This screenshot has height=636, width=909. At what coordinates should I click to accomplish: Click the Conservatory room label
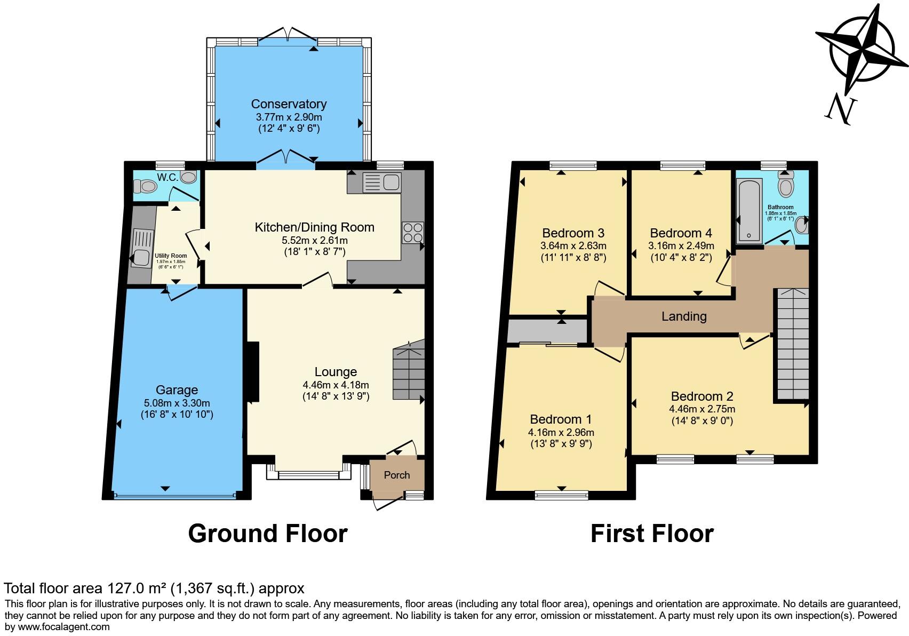[289, 104]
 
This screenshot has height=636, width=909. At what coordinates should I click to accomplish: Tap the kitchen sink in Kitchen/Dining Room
[381, 182]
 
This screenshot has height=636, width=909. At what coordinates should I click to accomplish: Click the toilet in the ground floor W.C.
[145, 186]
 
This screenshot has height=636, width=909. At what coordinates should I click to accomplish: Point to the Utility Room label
[171, 256]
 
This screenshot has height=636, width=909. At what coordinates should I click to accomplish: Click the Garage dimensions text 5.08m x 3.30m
[177, 403]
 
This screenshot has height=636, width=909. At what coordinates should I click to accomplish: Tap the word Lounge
[336, 372]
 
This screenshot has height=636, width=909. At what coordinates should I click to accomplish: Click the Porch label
[397, 475]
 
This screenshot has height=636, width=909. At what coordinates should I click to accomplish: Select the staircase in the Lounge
[409, 373]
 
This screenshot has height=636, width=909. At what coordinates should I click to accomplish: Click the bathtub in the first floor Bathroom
[749, 211]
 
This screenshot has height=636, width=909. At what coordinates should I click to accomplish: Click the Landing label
[684, 316]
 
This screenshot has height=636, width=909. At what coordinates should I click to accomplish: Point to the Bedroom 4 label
[681, 233]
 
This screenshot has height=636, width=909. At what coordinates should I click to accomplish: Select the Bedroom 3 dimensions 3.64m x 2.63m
[573, 246]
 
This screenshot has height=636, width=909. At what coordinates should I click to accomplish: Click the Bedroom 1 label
[561, 419]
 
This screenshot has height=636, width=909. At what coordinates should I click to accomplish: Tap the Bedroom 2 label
[702, 396]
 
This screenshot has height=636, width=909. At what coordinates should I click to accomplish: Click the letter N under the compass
[841, 110]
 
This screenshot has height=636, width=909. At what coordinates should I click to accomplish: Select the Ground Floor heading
[268, 534]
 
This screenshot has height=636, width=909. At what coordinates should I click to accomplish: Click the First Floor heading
[652, 534]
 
